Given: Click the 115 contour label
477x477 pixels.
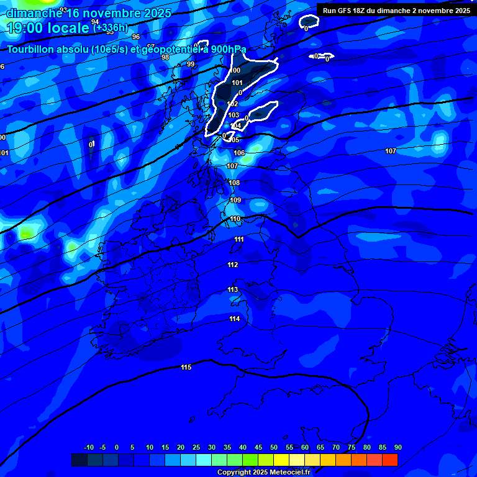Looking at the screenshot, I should pos(186,368).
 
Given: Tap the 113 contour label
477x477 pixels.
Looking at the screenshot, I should pos(233,290).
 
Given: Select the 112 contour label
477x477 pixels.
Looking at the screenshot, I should pos(233,265).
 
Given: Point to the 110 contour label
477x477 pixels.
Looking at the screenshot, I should pos(235,219).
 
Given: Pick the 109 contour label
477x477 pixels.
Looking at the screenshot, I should pos(235,201).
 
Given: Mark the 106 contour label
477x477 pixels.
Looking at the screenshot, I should pos(239,153).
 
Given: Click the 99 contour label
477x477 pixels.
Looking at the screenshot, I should pos(191,64).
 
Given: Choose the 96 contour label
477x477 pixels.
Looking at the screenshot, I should pos(136,54).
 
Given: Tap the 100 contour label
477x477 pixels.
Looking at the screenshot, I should pos(235,71).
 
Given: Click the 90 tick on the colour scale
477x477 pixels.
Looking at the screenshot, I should pos(397,447).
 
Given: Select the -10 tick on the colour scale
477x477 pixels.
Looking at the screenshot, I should pos(88,447).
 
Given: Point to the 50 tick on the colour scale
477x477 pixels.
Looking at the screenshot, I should pos(274,447).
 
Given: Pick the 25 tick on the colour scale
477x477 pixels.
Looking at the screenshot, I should pos(196,447).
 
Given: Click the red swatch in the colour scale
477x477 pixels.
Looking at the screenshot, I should pos(389,460).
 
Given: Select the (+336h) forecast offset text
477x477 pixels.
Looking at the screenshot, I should pos(111,27).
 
